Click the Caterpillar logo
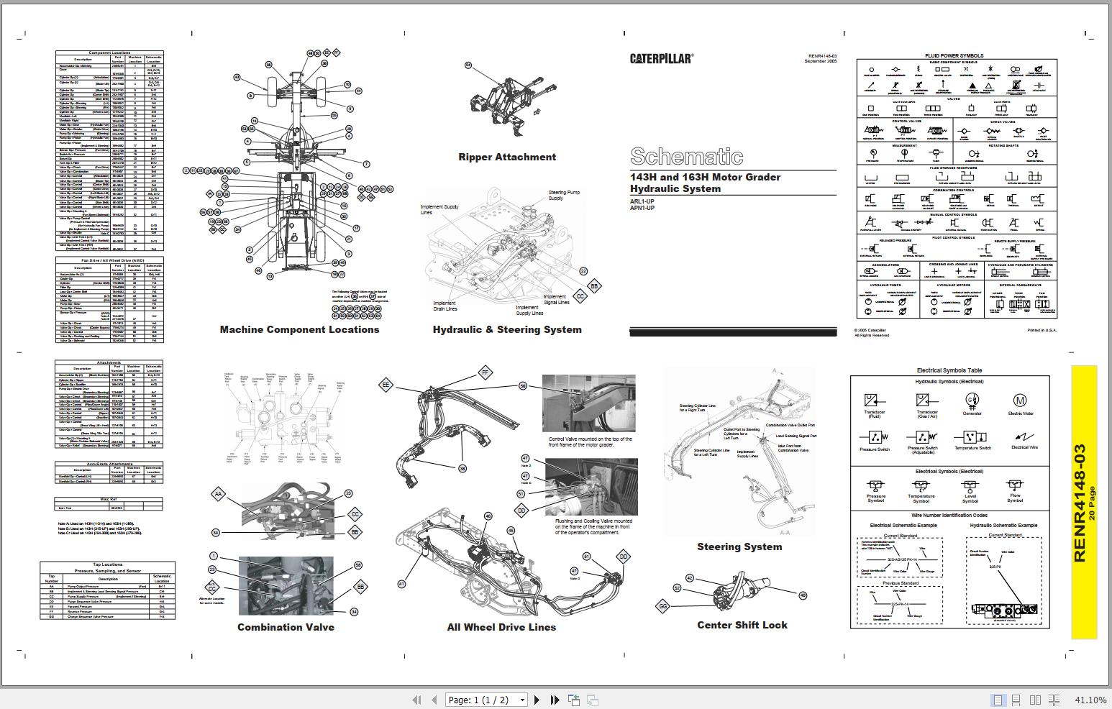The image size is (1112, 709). (x=661, y=59)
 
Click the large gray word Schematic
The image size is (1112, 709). (x=686, y=156)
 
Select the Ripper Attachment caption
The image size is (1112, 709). (x=507, y=157)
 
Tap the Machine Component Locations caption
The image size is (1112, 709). (x=299, y=329)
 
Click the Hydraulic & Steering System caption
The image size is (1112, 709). (x=507, y=329)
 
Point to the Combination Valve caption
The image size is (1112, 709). (x=286, y=627)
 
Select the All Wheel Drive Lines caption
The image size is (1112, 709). (x=501, y=627)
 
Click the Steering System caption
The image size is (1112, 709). (x=739, y=546)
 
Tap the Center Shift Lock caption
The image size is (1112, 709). (x=742, y=625)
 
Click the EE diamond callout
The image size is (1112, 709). (x=386, y=385)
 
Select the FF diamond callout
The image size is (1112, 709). (x=486, y=372)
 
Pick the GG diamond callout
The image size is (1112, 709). (x=663, y=606)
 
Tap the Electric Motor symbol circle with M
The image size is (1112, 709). (x=1019, y=400)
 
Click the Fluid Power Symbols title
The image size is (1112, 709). (x=954, y=55)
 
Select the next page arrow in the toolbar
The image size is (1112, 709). (x=537, y=700)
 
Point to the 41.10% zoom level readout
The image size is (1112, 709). (x=1090, y=700)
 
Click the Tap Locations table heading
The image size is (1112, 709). (x=108, y=564)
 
